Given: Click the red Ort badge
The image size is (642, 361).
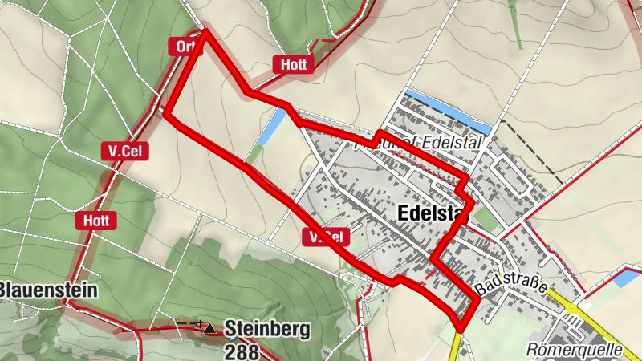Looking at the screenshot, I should coord(182,47).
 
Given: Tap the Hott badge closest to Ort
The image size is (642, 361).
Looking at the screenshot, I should coord(291,65).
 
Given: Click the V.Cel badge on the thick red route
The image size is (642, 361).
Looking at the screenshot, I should coord(326,237).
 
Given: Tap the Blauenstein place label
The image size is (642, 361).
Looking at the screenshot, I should coord(48,290).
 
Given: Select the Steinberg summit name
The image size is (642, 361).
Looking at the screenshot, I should coord(266,327).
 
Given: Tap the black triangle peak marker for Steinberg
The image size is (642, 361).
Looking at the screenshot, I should coord(210,328).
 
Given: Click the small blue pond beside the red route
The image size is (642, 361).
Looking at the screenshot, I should coord(272,127).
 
